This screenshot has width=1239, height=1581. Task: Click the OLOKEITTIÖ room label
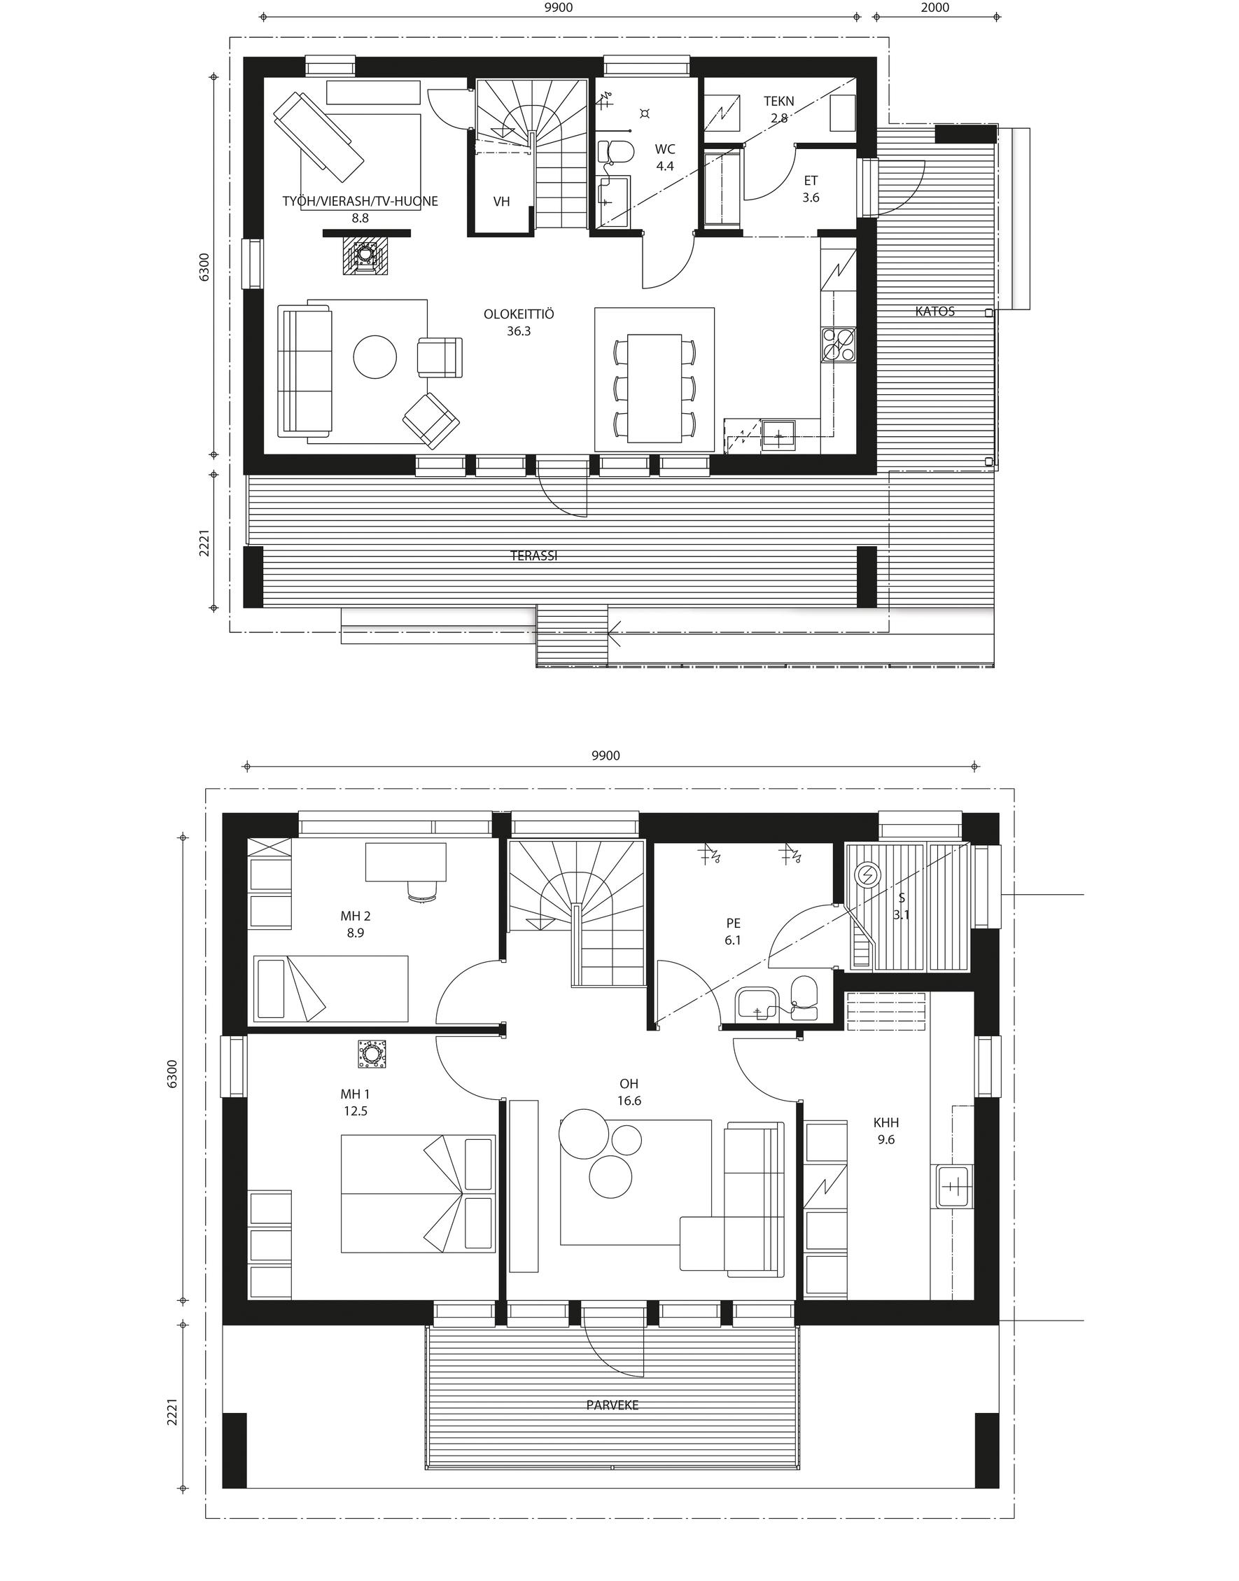tap(519, 314)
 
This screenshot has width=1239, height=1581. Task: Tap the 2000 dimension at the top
tap(936, 8)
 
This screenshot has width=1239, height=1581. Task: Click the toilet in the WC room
tap(616, 152)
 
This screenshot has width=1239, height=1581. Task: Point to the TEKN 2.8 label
tap(779, 109)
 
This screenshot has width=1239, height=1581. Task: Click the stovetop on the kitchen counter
tap(839, 344)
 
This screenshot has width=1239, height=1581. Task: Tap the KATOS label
tap(935, 312)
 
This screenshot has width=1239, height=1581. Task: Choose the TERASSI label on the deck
tap(534, 556)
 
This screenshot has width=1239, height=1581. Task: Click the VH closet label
tap(501, 202)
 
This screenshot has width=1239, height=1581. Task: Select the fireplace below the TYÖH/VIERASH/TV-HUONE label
tap(367, 256)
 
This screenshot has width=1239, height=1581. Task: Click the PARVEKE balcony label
tap(612, 1405)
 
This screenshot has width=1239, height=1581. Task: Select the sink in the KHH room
tap(954, 1186)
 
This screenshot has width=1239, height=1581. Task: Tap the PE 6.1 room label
tap(734, 932)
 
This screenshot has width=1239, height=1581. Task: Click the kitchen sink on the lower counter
tap(778, 437)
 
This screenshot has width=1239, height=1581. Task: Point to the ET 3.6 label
tap(811, 188)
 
